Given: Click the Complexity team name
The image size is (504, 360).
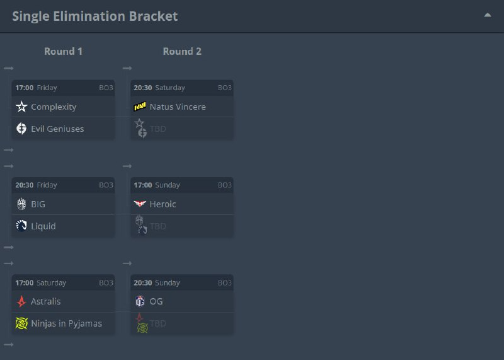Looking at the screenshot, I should point(54,107).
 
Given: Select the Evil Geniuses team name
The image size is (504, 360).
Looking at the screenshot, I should point(57,129).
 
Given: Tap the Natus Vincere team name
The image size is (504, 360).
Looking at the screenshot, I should point(178,107).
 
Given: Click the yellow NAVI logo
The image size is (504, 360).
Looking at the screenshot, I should point(140,107).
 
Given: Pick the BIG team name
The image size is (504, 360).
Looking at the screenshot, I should point(38,204).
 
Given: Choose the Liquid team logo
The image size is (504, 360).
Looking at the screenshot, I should point(21,226).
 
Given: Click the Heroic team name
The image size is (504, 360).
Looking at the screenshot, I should point(163,204).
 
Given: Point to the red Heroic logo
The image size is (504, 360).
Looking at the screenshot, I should point(140,204).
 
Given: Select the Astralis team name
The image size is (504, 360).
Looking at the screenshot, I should point(46,301).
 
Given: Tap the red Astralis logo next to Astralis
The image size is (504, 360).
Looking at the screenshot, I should point(21,301).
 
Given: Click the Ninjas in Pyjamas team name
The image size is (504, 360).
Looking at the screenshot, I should point(66,323).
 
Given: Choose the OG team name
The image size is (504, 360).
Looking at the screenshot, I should point(156,301).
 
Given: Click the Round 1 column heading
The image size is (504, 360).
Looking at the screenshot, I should point(63,52).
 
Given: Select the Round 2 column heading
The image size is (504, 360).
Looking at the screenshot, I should point(182,52).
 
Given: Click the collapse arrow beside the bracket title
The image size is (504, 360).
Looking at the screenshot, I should point(488,15).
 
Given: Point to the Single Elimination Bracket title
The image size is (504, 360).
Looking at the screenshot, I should point(94,16).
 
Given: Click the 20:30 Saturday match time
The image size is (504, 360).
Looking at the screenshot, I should point(159,88).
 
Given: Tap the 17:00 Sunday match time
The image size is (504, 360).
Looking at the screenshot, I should point(157,185).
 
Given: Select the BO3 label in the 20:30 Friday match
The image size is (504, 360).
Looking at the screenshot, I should point(106,185).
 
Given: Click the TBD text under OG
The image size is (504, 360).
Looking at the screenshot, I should point(158,323).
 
